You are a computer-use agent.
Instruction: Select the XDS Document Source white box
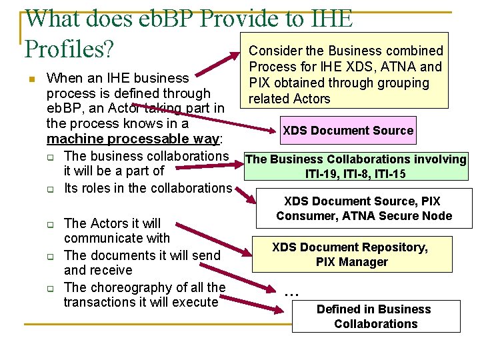tap(348, 131)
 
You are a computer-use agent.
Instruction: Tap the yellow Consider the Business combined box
tap(346, 75)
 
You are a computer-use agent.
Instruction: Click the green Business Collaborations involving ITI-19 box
tap(356, 167)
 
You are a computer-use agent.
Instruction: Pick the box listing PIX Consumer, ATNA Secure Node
tap(364, 208)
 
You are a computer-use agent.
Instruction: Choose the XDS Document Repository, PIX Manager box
tap(350, 254)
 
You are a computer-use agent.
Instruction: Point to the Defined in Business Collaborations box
tap(376, 317)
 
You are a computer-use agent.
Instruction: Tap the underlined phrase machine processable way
tap(133, 139)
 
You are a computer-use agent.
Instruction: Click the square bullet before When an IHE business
tap(31, 80)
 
